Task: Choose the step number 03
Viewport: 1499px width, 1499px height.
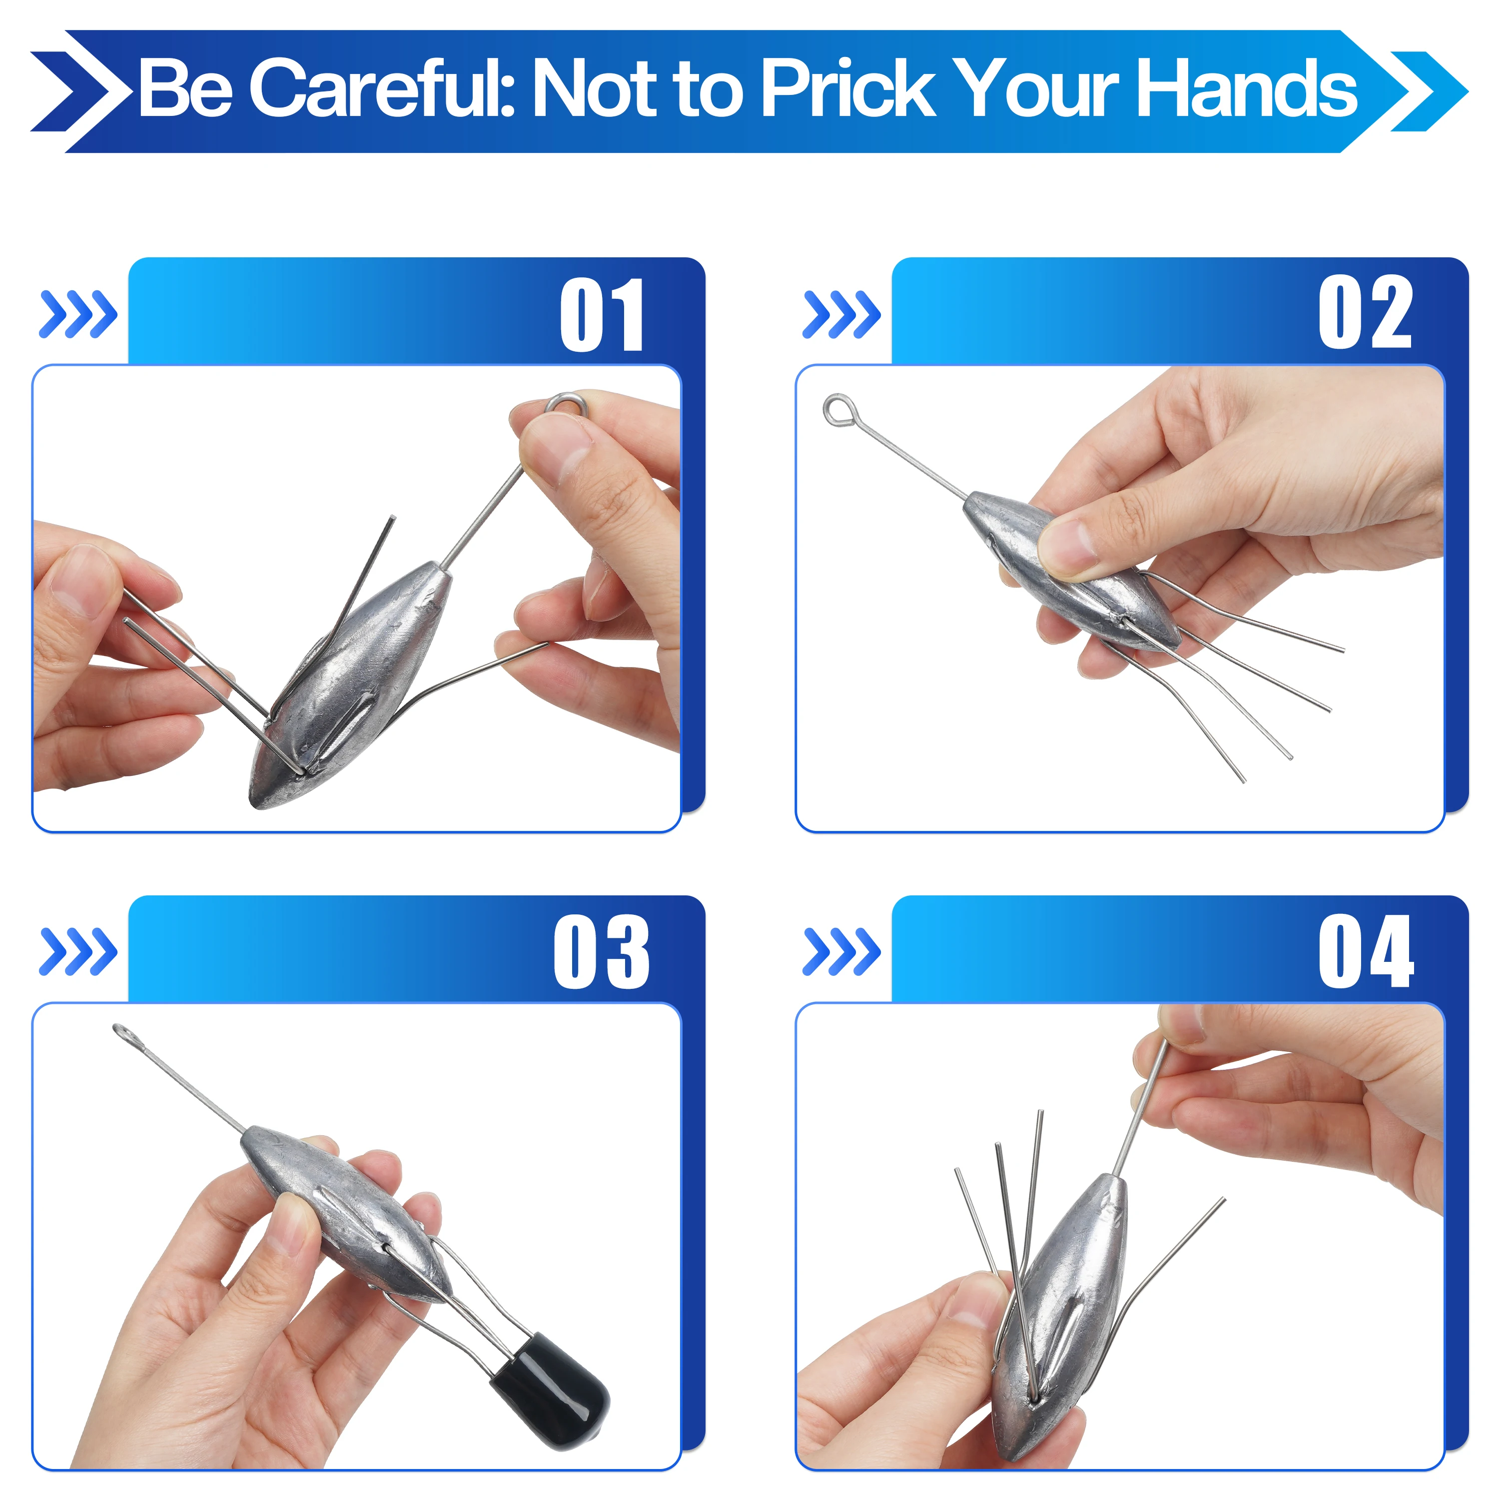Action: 601,951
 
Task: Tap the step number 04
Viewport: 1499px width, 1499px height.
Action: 1366,951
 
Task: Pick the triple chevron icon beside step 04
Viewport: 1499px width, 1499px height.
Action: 842,951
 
